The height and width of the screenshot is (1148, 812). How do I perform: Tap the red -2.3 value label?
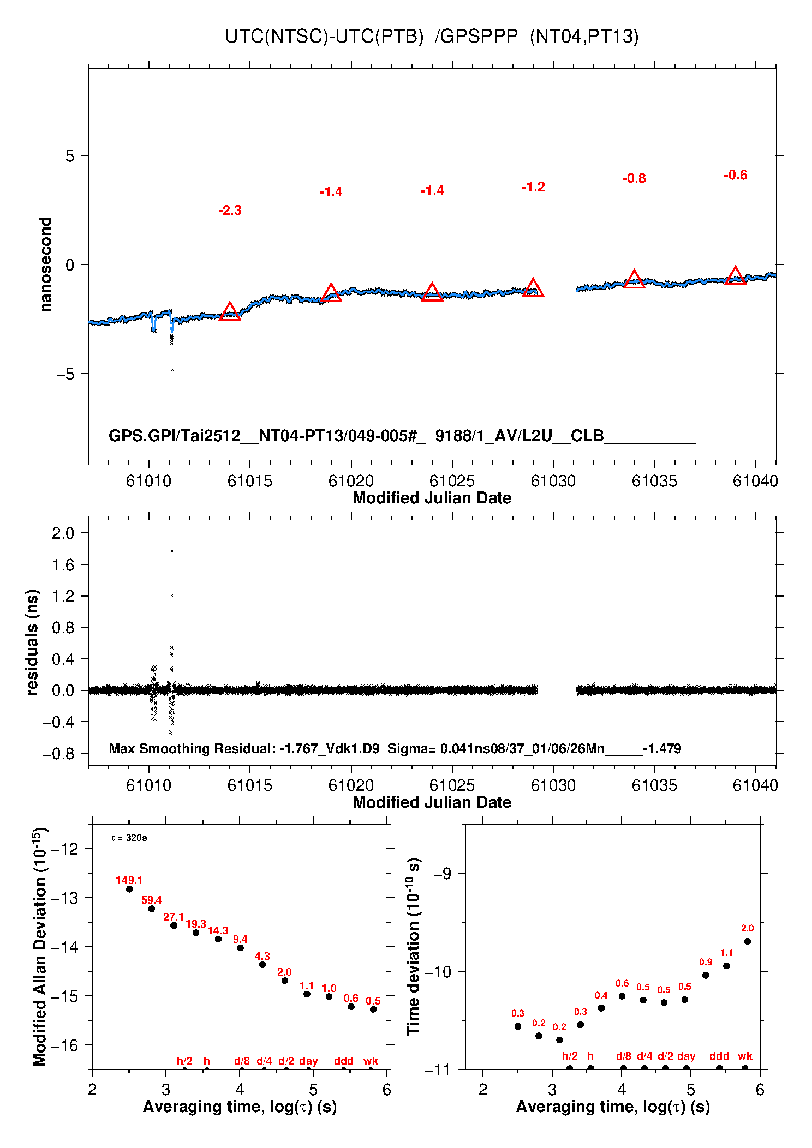[230, 211]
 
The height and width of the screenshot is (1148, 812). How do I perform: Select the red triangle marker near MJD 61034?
[634, 280]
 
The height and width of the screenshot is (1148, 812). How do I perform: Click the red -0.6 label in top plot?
[735, 175]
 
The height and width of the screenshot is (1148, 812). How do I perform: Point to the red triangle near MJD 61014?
[230, 312]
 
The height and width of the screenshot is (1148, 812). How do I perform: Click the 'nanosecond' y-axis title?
[46, 265]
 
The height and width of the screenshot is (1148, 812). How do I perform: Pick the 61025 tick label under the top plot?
[452, 481]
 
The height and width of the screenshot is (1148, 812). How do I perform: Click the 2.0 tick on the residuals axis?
[63, 533]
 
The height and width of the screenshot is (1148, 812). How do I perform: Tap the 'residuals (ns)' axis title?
[33, 642]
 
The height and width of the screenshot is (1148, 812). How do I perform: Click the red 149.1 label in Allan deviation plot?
[129, 880]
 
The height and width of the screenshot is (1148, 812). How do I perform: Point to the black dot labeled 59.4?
[152, 909]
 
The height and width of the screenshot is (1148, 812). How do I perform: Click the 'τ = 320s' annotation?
[129, 838]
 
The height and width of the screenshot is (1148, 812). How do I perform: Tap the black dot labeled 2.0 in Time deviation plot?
[747, 941]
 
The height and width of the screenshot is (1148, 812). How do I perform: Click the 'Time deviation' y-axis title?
[414, 946]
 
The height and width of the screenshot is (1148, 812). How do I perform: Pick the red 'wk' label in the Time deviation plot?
[745, 1056]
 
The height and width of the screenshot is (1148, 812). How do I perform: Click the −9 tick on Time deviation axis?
[442, 873]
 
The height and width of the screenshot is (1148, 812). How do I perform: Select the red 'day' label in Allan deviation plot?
[308, 1061]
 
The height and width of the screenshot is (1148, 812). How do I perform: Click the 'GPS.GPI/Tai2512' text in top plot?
[175, 436]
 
